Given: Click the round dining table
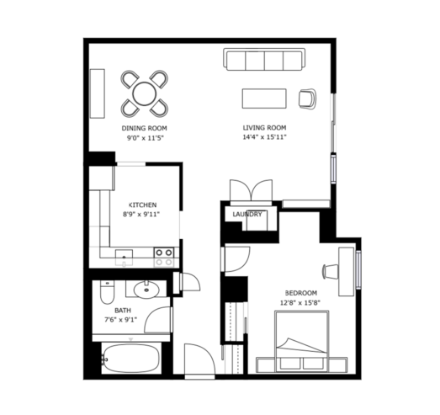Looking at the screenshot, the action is pos(145,93).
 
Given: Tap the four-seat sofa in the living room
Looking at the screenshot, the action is pos(264,59).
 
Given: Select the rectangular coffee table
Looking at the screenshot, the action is pos(264,98).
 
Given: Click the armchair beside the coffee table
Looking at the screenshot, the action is pos(308,98).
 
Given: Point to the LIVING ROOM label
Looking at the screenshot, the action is pos(264,128).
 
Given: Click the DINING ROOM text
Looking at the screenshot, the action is pos(144,128).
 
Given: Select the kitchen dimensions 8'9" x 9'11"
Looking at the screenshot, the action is pos(141,215).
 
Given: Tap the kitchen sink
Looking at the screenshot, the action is pos(124,258).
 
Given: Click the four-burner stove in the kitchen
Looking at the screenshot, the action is pos(164,257).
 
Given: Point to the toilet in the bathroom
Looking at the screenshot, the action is pos(107,292).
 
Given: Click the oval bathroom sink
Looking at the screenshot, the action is pos(146,290).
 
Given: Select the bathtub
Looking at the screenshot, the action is pos(130,359).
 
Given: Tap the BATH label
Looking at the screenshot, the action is pos(123,311).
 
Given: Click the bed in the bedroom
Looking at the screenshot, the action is pos(302,341).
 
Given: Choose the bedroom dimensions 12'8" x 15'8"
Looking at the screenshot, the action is pos(300,303).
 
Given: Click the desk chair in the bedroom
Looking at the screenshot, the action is pos(331,272).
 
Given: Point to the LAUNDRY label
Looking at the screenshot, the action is pos(247,215).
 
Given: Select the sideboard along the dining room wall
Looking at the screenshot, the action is pos(98,93).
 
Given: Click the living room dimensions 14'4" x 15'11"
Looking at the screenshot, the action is pos(264,137).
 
